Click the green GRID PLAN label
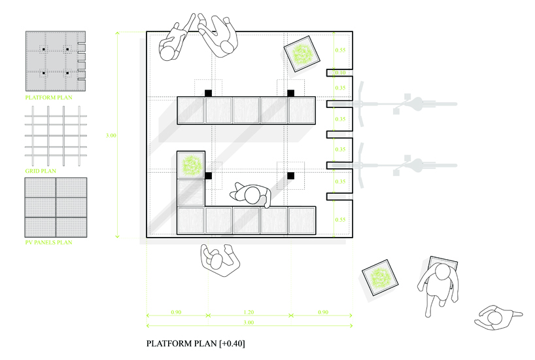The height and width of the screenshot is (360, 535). tap(40, 170)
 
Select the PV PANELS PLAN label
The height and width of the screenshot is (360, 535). tap(48, 243)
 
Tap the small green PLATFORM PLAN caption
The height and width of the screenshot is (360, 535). tap(48, 98)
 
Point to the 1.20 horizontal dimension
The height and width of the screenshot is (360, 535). tap(249, 313)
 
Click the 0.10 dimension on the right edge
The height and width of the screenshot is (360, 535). tap(340, 73)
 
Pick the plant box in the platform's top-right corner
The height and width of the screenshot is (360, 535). tap(302, 54)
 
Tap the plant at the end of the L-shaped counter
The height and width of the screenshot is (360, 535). tap(192, 165)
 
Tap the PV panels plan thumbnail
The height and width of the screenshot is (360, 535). tap(56, 207)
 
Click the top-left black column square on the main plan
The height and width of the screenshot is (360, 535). tap(208, 93)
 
